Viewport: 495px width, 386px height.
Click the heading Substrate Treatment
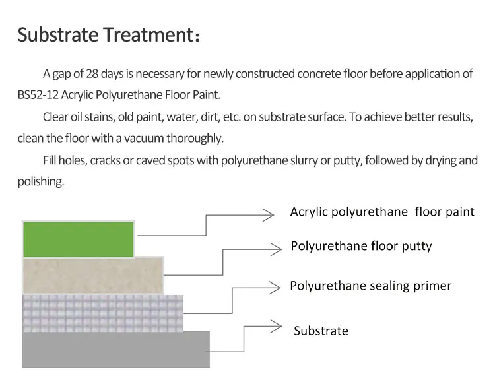(106, 34)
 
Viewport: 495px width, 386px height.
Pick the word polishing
(40, 181)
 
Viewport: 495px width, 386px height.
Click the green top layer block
(78, 239)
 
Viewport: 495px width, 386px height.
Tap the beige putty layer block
(92, 275)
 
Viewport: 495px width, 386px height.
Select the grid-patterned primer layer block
(102, 312)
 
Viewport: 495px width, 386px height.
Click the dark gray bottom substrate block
(115, 348)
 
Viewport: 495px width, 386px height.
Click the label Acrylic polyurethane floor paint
(382, 212)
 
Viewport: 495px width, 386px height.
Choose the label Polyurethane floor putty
(361, 246)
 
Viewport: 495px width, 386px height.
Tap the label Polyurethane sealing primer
(370, 286)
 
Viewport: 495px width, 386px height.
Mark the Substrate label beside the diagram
(321, 331)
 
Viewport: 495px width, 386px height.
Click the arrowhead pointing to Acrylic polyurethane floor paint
(268, 214)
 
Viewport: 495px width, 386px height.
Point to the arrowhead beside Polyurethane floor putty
(276, 248)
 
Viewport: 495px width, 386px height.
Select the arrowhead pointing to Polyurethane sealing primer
(276, 287)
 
